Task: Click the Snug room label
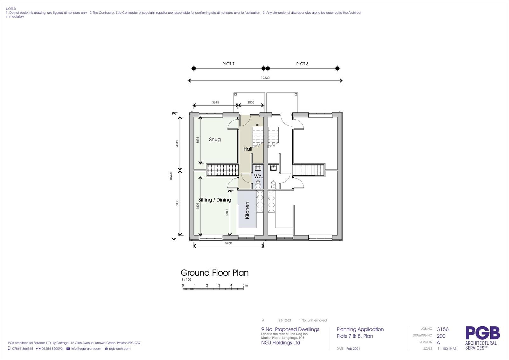coord(215,139)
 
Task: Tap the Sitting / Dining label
coord(215,200)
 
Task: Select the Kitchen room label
coord(247,210)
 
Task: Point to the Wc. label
coord(258,176)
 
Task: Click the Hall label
coord(248,149)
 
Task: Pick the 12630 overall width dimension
coord(265,78)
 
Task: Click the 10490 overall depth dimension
coord(171,176)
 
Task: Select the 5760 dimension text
coord(228,243)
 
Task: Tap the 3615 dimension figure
coord(215,102)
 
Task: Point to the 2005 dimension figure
coord(251,102)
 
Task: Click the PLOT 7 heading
coord(228,64)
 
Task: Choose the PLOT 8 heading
coord(302,64)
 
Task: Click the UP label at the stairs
coord(257,125)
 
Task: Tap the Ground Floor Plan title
coord(214,273)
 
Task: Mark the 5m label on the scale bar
coord(245,285)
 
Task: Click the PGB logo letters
coord(483,333)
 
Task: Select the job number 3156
coord(443,329)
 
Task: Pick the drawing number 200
coord(441,336)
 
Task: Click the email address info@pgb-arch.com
coord(86,349)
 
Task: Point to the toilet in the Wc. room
coord(258,185)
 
